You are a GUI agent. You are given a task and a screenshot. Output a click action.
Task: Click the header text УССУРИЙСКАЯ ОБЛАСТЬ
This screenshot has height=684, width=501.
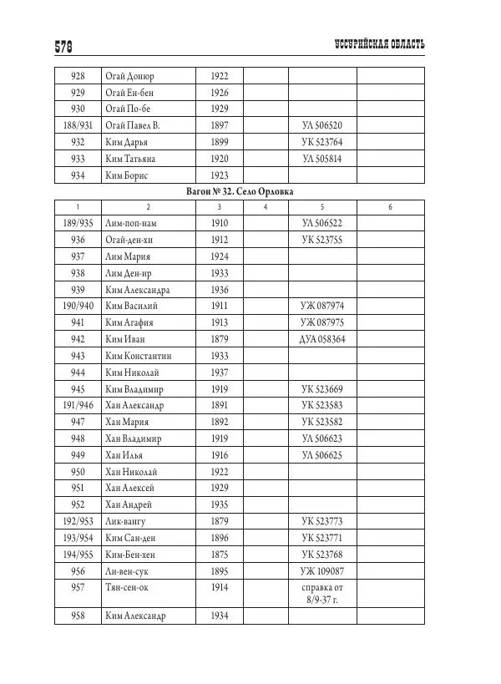click(x=378, y=44)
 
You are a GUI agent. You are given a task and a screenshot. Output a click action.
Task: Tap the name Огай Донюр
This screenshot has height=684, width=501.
click(x=129, y=76)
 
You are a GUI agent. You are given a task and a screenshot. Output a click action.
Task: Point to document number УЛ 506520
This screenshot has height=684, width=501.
click(x=322, y=125)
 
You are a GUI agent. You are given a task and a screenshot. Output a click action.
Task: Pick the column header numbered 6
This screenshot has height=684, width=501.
click(x=390, y=207)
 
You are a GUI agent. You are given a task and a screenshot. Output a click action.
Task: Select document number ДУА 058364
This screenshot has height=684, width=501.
click(x=322, y=340)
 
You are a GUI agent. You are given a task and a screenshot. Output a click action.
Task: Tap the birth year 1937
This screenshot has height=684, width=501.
click(x=220, y=372)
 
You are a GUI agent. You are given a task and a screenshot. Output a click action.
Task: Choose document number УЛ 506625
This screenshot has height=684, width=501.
click(x=322, y=455)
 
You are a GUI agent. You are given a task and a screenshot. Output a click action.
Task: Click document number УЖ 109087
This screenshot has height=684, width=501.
click(x=322, y=571)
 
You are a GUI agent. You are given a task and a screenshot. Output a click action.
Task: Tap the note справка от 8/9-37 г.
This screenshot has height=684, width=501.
click(x=322, y=594)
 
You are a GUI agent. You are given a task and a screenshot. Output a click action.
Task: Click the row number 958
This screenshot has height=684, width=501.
click(x=78, y=616)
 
